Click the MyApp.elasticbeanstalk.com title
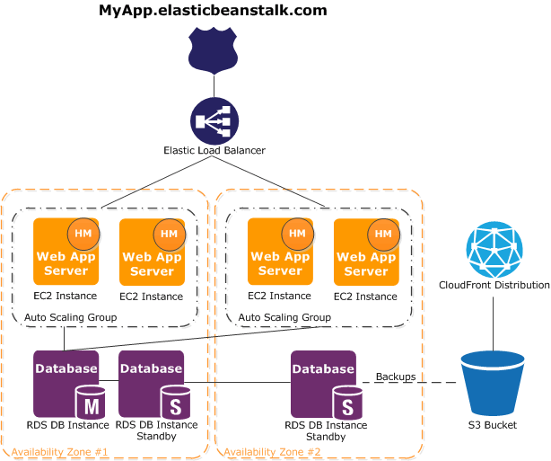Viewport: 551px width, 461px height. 213,11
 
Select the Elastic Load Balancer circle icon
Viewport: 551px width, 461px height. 214,120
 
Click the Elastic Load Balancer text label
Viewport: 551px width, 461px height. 214,150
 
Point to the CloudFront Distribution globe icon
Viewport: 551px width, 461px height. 494,249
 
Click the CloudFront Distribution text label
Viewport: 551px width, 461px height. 494,285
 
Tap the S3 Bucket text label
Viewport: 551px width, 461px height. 493,424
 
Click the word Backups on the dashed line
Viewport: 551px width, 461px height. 395,377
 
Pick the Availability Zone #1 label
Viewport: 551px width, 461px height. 59,451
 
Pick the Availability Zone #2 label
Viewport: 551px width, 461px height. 272,451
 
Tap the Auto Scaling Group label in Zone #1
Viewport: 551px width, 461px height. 70,317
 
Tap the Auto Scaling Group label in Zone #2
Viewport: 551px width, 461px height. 284,317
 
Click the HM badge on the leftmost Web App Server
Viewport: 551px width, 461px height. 83,234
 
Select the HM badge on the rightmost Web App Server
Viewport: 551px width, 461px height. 383,234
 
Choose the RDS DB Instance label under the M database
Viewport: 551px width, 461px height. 67,424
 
